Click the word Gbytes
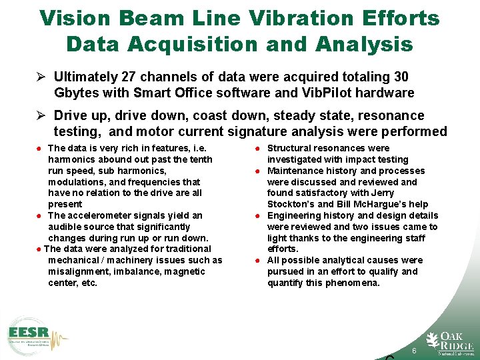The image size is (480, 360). (78, 93)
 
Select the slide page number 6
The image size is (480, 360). (414, 351)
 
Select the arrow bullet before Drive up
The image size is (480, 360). (42, 115)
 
